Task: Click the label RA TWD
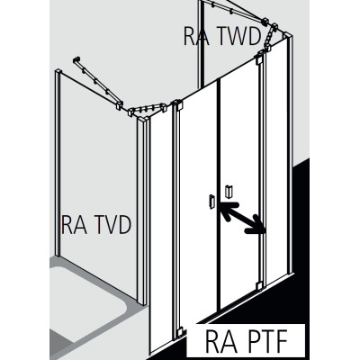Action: point(222,37)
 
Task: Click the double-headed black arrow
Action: point(243,218)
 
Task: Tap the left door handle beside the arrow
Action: point(212,201)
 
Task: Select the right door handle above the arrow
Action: point(229,192)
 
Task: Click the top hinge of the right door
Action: point(259,59)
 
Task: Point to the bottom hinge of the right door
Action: point(259,284)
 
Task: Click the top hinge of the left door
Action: point(178,106)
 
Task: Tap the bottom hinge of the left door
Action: point(179,332)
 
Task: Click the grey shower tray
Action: point(87,303)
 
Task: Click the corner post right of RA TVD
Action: point(142,210)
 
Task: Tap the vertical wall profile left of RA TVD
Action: point(58,163)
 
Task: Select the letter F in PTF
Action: point(281,341)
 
